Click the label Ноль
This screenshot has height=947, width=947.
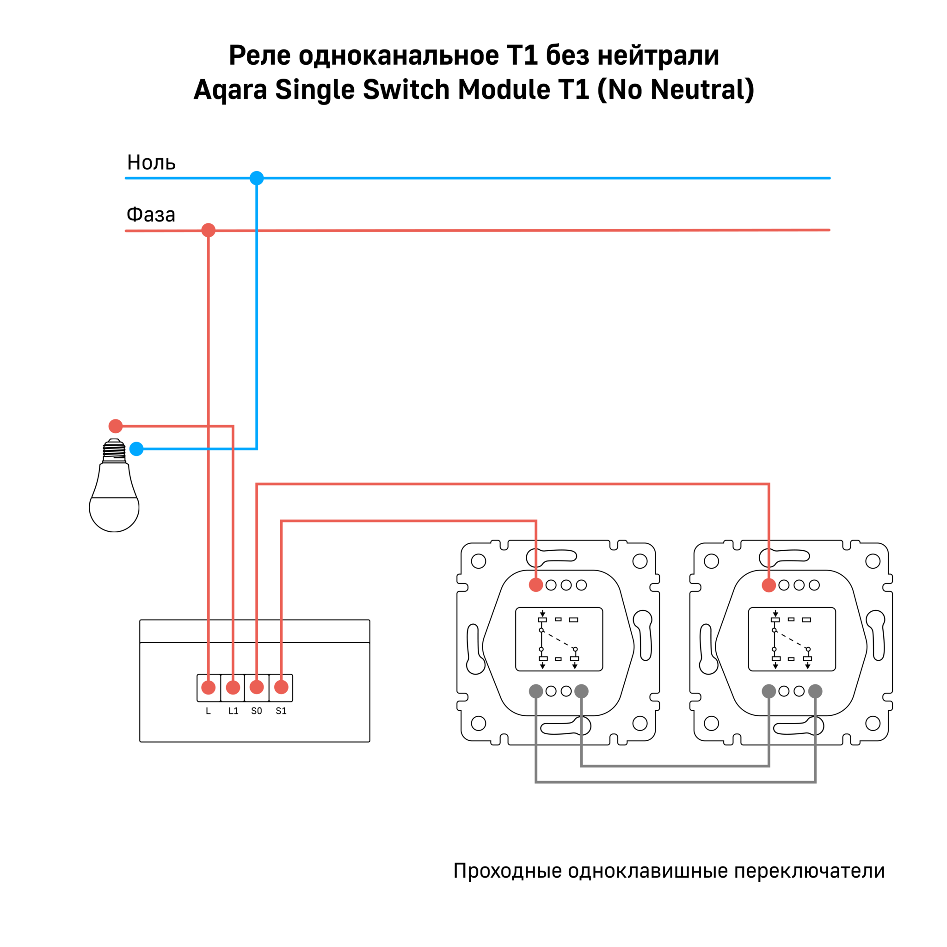[151, 162]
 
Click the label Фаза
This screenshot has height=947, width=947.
[150, 215]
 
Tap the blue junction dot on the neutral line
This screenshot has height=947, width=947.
[256, 178]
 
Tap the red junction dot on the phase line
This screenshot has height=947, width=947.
[209, 230]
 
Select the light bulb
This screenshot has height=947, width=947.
[114, 490]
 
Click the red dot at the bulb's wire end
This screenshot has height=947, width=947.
[115, 426]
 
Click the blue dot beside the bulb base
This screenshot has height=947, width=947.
[136, 449]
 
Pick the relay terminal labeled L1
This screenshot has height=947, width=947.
[233, 687]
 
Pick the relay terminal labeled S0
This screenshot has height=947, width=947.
[256, 687]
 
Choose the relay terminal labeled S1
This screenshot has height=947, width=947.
[281, 687]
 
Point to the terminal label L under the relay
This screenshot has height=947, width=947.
[209, 711]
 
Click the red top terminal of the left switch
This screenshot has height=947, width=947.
[536, 585]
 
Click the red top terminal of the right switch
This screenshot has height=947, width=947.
[769, 585]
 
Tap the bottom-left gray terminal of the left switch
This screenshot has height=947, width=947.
[536, 691]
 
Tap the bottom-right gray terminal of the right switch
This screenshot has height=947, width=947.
[815, 691]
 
